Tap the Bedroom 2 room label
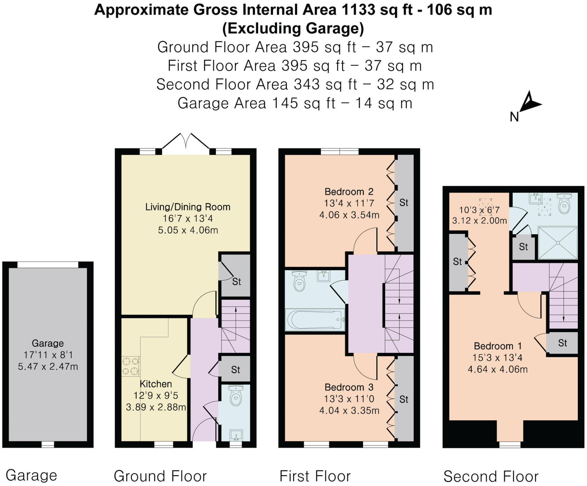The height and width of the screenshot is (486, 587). coord(349,191)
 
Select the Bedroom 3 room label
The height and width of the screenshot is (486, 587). coord(349,387)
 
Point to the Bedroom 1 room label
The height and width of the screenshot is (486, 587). coord(498,346)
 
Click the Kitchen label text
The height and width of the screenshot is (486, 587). coord(156,384)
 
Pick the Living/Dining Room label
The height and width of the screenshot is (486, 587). coord(188,207)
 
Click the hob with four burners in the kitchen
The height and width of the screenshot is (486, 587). coord(131,366)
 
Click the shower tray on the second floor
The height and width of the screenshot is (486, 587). coord(557,243)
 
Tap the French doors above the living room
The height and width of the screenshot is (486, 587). coord(186,141)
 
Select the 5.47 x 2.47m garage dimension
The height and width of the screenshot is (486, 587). coord(48,366)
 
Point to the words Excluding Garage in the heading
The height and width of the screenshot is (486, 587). coord(293,28)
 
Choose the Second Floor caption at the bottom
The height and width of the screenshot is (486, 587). coord(491,476)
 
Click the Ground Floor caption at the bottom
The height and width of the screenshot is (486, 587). coord(160,476)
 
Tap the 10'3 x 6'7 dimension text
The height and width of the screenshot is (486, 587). coord(479,210)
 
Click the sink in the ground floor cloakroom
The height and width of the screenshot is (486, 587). coord(236,435)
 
